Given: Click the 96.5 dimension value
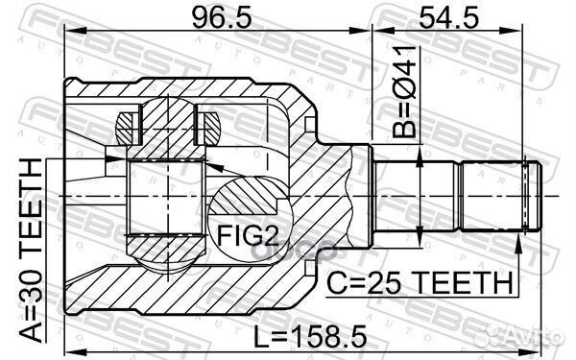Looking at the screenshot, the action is (x=222, y=18).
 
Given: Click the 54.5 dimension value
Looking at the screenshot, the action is (x=448, y=18).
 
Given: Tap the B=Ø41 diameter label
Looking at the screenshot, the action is (x=404, y=92).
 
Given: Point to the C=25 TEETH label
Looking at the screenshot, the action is (x=420, y=282).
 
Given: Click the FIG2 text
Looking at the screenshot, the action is (x=248, y=235).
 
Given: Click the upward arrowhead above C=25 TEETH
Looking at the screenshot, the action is (x=518, y=245).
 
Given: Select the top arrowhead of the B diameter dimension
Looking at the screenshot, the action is (x=420, y=155).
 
